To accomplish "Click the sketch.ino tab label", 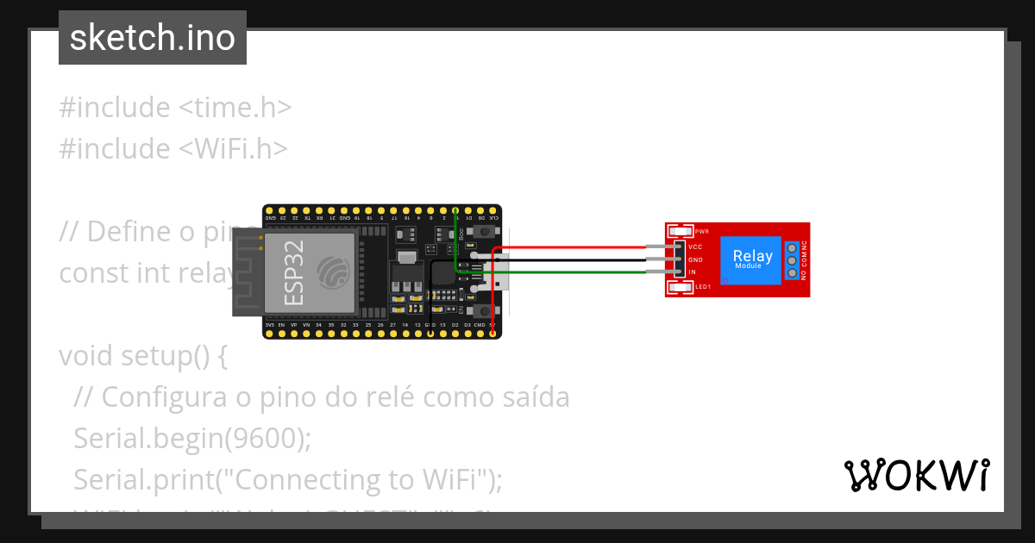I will pos(153,38).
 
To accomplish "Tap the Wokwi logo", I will pos(916,475).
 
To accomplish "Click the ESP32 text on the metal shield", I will pos(293,272).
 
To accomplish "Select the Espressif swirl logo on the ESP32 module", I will pos(333,272).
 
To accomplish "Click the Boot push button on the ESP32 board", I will pos(485,233).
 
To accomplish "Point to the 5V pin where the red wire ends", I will pos(492,333).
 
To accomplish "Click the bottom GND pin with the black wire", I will pos(430,333).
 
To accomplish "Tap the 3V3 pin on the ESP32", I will pos(269,333).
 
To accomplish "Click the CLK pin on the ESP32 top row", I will pos(492,210).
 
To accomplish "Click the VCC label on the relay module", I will pos(694,247).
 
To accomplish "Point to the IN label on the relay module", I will pos(692,271).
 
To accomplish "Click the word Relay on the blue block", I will pos(752,256).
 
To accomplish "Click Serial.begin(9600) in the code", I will pos(191,438).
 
